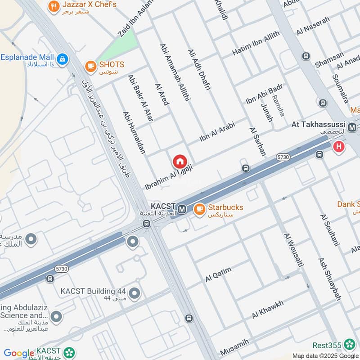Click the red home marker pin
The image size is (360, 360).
(x=179, y=161)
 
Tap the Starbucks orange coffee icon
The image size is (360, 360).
(x=199, y=209)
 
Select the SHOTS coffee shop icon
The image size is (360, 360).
(x=90, y=66)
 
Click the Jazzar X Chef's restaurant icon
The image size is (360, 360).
(x=54, y=6)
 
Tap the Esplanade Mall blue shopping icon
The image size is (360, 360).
(x=62, y=58)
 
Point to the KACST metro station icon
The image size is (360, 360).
(x=182, y=209)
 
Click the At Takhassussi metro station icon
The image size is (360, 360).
(x=352, y=127)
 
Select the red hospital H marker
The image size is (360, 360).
(x=339, y=146)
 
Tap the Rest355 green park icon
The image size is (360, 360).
(x=349, y=345)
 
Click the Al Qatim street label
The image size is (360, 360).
(x=218, y=274)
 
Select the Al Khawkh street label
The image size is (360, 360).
(x=268, y=309)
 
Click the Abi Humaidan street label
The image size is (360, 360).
(x=134, y=133)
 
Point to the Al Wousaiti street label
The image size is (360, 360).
(x=291, y=252)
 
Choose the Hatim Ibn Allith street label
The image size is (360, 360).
(x=256, y=44)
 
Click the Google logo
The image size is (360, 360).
(x=19, y=353)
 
